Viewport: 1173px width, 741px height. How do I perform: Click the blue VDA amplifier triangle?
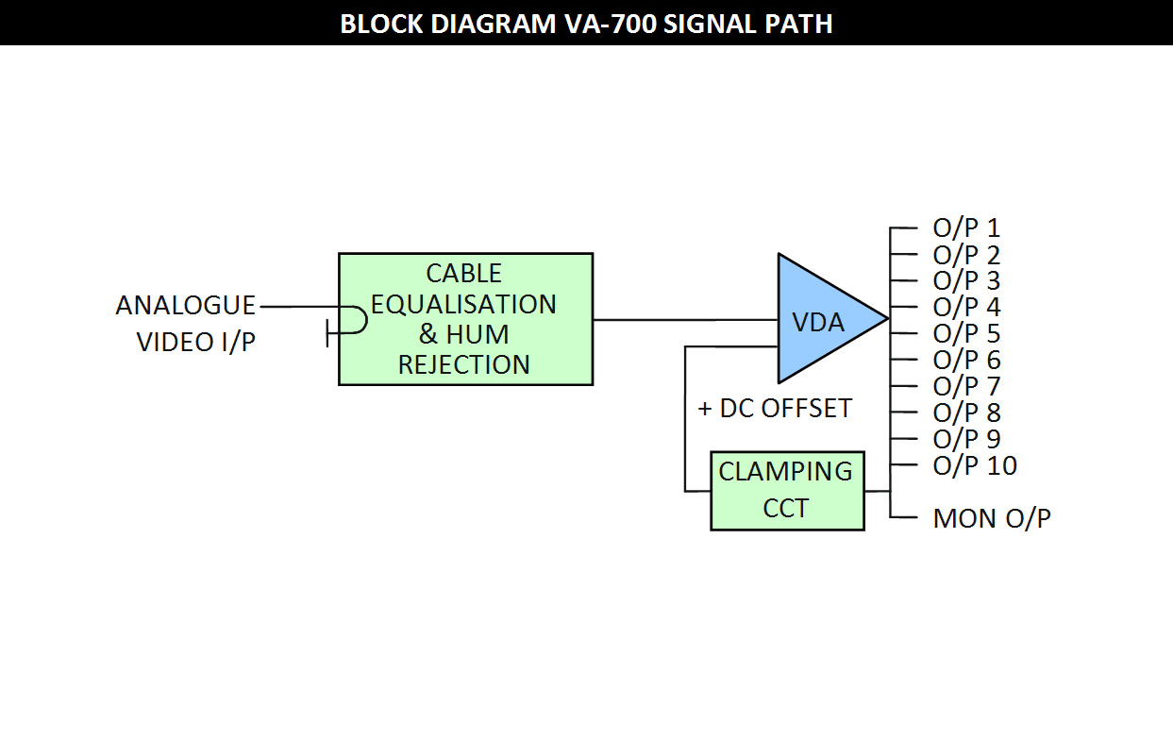point(828,318)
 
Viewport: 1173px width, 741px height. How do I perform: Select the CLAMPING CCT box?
point(787,491)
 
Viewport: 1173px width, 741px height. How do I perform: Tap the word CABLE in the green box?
point(464,274)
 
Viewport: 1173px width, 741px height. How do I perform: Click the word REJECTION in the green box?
point(464,364)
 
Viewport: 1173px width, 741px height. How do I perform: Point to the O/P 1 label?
point(966,227)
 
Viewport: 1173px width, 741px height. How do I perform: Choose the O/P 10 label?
point(975,465)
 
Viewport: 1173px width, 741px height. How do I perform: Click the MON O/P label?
point(992,518)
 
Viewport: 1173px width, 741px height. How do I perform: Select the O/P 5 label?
point(966,333)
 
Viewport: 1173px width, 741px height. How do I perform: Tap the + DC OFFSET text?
point(775,409)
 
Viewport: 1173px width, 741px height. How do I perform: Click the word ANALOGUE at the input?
point(185,305)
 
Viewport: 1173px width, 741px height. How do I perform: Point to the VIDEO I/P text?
point(196,342)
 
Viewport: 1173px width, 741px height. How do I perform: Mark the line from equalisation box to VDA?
point(685,319)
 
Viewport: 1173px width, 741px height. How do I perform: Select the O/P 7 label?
point(966,386)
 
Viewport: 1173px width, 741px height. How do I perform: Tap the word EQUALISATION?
point(463,304)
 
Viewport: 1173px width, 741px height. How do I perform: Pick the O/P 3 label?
point(966,280)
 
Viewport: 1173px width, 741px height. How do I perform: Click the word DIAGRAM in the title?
point(494,24)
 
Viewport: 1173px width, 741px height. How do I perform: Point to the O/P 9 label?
point(966,439)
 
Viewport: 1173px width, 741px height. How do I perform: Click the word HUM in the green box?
point(478,334)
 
